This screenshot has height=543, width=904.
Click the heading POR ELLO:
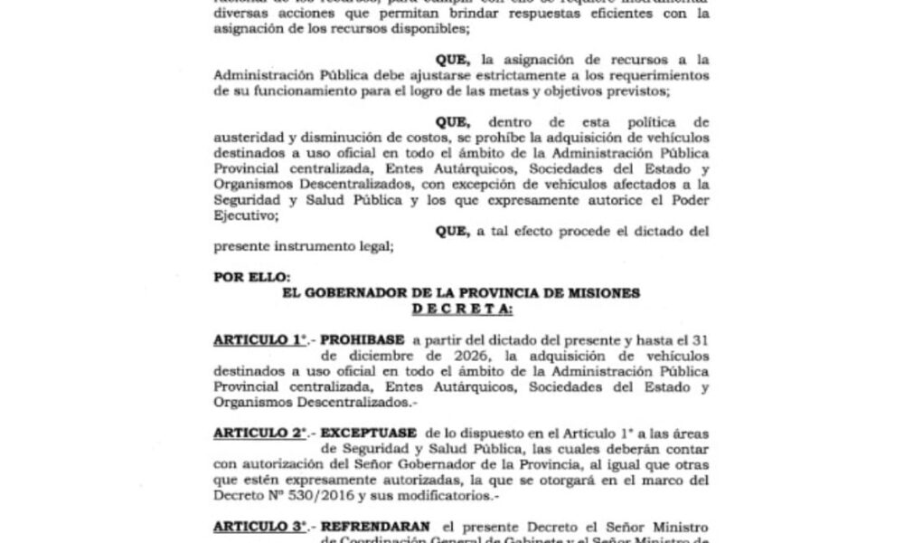tap(242, 276)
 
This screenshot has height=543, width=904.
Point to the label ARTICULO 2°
tap(261, 434)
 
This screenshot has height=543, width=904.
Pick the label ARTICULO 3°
tap(261, 526)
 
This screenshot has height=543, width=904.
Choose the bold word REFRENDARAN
tap(373, 526)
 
